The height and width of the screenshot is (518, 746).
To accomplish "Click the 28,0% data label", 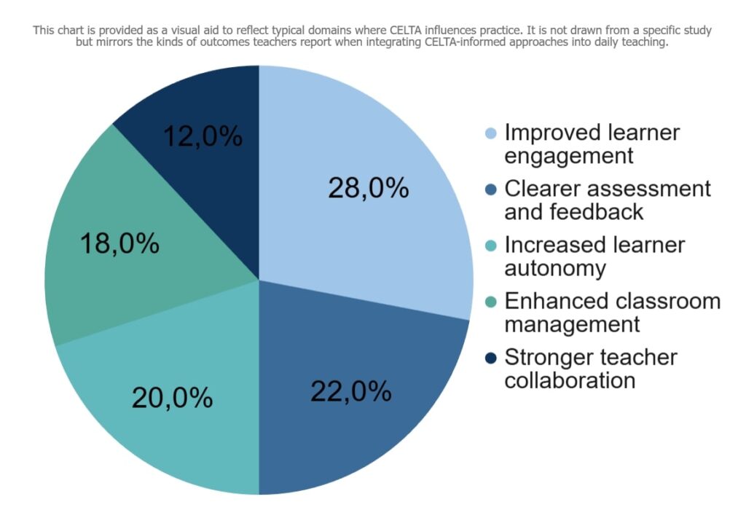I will [x=368, y=188].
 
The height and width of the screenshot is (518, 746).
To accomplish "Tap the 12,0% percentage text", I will [x=203, y=136].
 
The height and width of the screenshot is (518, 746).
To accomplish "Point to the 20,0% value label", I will [x=172, y=397].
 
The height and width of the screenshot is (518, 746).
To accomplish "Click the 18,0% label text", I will [x=119, y=243].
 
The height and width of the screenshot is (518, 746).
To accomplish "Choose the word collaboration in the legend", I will [x=570, y=380].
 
